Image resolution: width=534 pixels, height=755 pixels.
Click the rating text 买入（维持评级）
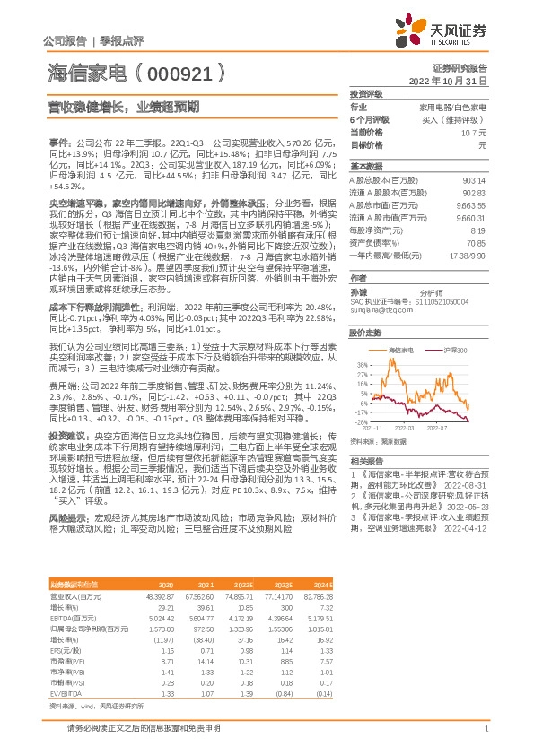pos(459,119)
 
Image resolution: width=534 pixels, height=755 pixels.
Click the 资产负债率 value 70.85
pos(477,242)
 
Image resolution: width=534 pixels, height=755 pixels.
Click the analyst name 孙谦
pos(358,292)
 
